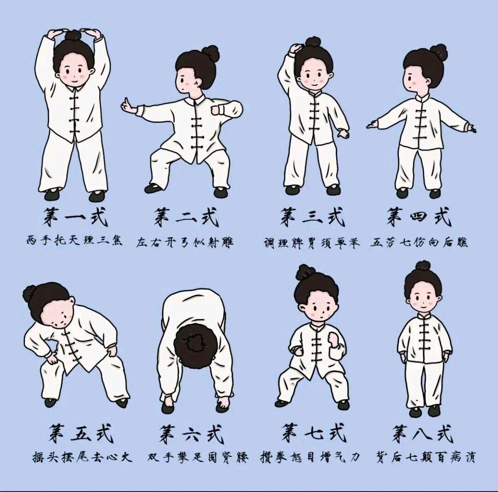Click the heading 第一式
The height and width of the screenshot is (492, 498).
point(75,216)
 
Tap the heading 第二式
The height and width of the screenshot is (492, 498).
point(187,216)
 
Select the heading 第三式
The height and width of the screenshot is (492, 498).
point(312,216)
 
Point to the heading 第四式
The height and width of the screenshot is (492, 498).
point(419,216)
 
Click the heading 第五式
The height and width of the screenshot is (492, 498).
point(81,433)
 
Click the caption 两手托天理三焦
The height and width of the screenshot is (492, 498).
point(74,240)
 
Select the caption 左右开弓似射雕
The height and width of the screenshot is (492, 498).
point(185,242)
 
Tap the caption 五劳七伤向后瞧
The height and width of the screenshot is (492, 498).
point(419,242)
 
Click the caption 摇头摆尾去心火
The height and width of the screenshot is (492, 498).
point(82,457)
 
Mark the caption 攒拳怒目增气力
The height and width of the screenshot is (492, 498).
point(310,457)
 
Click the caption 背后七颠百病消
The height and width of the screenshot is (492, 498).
point(426,457)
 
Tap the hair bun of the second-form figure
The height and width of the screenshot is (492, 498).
point(211,54)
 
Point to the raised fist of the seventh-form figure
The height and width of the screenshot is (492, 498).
point(333,339)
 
